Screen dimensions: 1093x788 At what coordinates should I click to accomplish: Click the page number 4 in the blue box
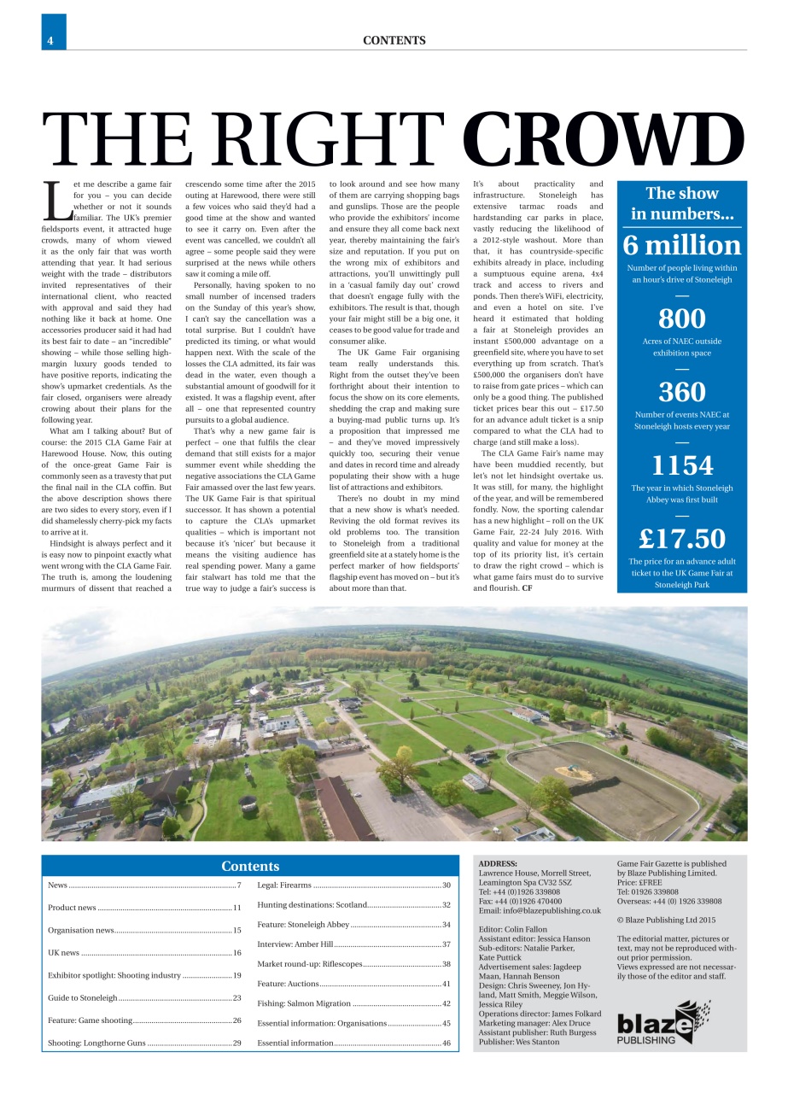(51, 40)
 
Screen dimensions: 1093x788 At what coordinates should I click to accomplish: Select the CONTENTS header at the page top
(394, 40)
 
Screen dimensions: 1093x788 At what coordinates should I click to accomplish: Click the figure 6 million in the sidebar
(681, 245)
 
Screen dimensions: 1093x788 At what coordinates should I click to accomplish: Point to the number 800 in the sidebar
(681, 319)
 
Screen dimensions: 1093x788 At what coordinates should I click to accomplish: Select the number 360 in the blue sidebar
(681, 392)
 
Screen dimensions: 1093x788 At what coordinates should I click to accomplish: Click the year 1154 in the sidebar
(681, 465)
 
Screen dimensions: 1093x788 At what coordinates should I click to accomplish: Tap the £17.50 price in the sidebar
(681, 539)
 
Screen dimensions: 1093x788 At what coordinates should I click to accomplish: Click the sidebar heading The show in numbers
(681, 203)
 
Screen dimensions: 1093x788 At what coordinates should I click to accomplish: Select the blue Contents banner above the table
(250, 866)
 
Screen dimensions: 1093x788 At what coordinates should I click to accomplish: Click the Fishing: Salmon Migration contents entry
(304, 1003)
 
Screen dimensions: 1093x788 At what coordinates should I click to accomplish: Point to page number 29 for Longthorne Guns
(236, 1043)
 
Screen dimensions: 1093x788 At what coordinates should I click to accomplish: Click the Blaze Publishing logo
(663, 1022)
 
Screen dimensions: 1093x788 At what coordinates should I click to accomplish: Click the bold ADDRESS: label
(498, 864)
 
